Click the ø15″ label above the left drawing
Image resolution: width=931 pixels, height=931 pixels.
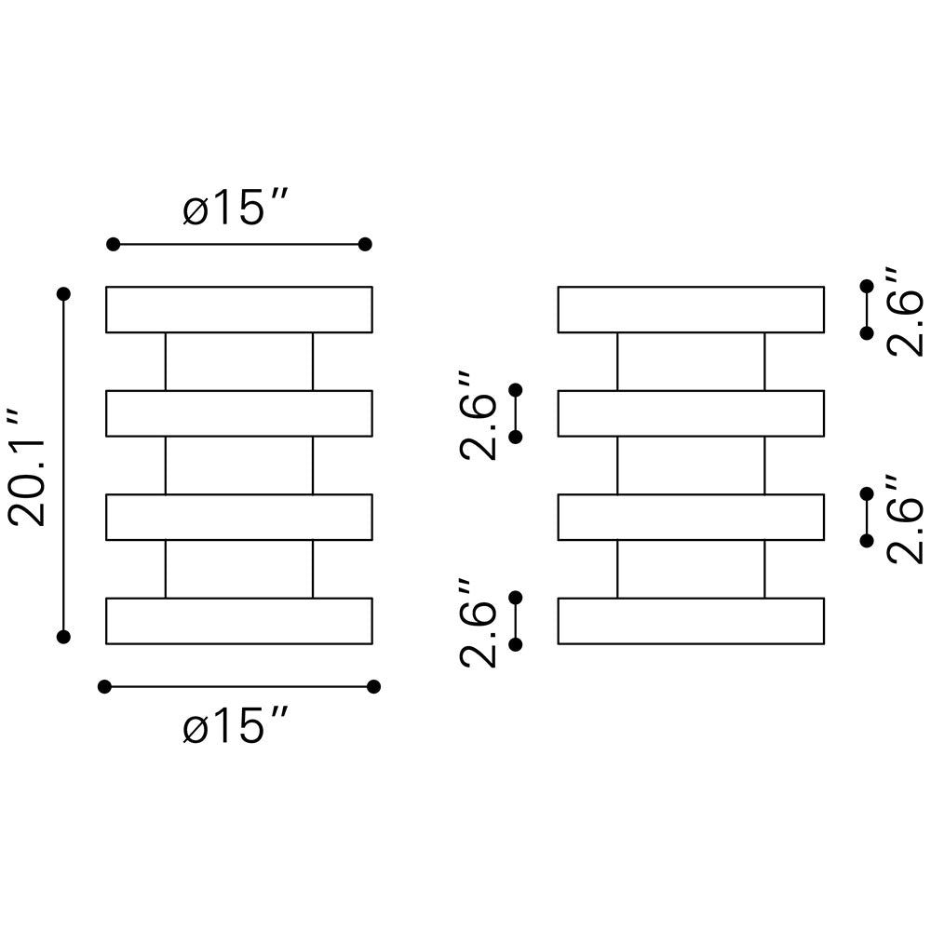point(237,209)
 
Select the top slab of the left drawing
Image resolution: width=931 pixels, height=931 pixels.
point(239,309)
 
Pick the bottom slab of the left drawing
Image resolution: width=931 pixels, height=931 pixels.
point(239,621)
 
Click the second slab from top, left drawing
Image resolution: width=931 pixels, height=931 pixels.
point(239,413)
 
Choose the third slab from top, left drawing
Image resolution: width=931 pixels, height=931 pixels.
point(239,517)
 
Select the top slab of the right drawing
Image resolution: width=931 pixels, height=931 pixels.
point(691,309)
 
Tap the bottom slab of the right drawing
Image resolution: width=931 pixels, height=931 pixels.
point(691,621)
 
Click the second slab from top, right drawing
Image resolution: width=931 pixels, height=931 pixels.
point(691,413)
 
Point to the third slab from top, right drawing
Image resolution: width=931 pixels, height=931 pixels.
point(691,517)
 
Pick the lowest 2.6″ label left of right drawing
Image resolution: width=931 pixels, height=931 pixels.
point(479,622)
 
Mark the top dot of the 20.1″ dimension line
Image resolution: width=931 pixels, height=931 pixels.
point(63,294)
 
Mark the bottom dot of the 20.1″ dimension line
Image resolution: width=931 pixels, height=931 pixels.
point(63,637)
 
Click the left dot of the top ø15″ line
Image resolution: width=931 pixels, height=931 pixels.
point(114,244)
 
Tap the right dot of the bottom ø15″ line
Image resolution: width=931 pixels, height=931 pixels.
point(373,687)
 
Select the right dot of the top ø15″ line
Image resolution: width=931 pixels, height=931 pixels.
point(365,244)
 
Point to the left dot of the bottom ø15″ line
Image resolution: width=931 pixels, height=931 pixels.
point(104,687)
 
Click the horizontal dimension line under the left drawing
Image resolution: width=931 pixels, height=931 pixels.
point(239,687)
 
